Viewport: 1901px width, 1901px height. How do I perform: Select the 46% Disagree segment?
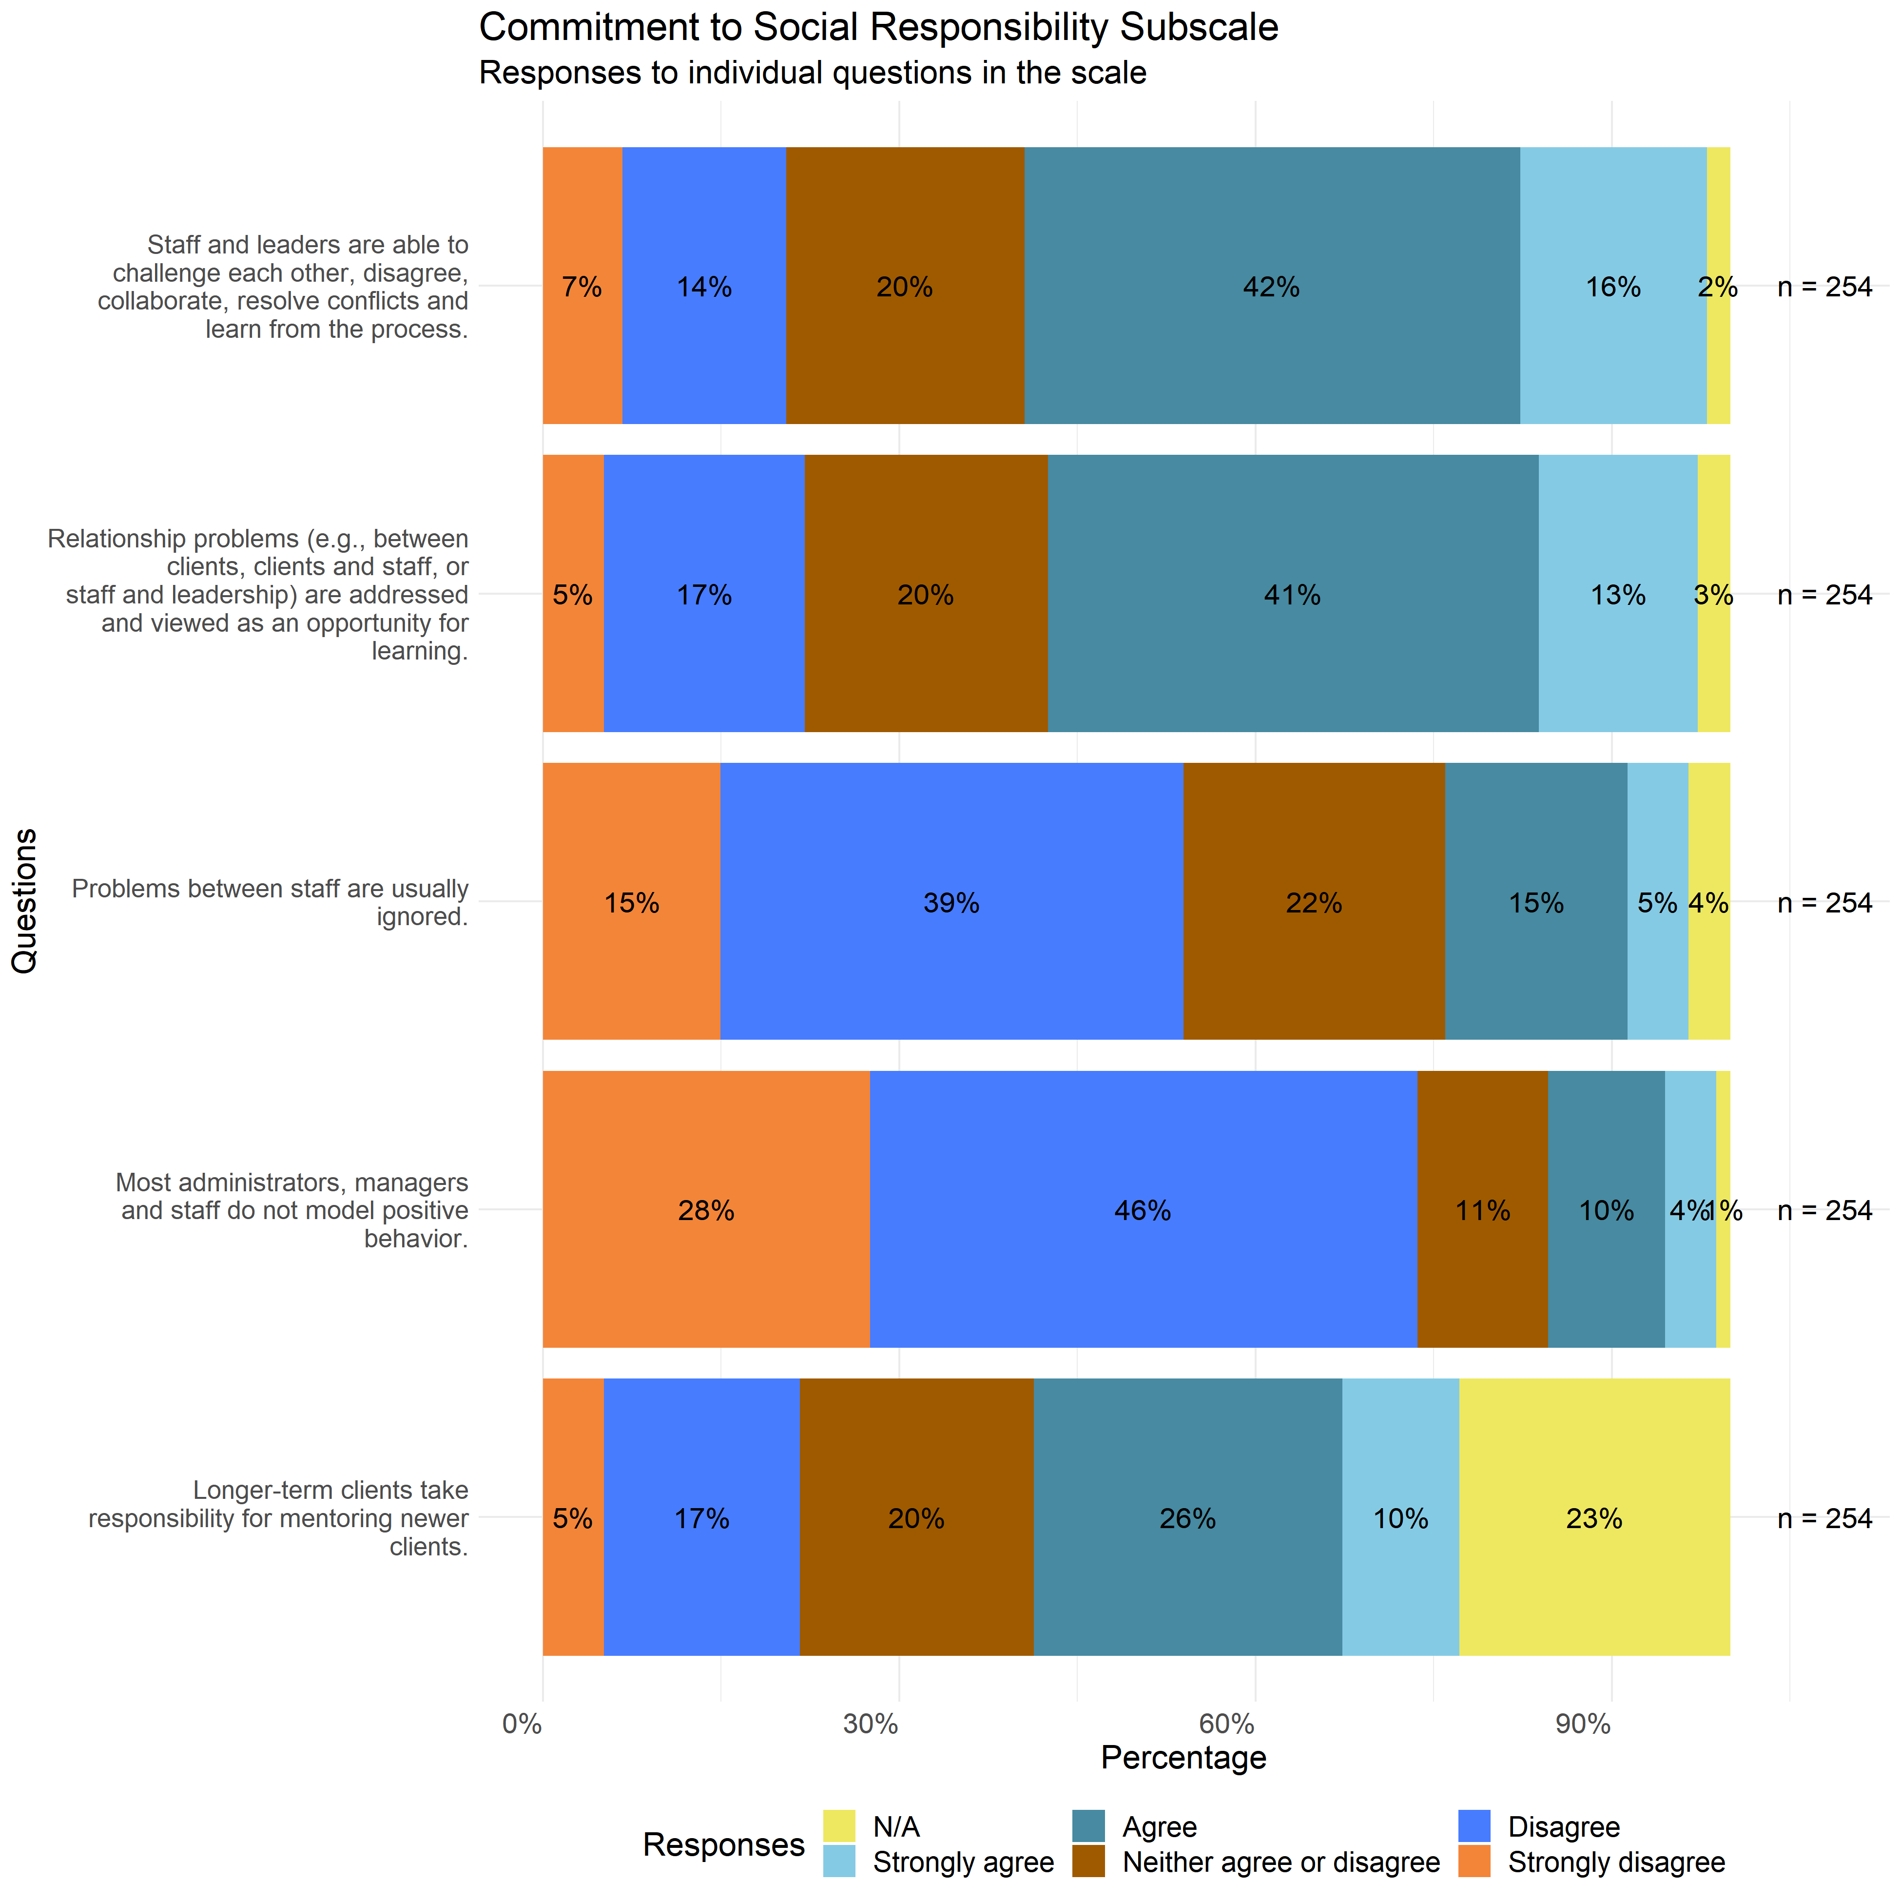pos(1143,1209)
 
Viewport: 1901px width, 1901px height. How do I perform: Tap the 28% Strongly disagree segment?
pos(705,1209)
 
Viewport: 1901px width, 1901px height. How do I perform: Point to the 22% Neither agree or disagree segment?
pos(1314,901)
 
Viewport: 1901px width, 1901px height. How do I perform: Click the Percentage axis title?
pos(1183,1757)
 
